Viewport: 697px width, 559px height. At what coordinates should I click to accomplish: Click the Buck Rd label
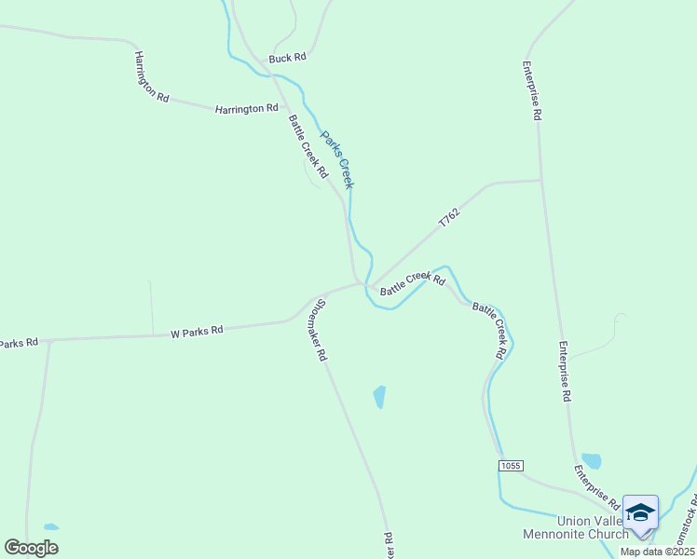point(287,58)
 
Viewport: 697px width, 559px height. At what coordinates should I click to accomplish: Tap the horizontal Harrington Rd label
point(246,108)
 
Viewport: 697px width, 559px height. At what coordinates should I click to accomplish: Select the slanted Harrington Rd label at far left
point(151,76)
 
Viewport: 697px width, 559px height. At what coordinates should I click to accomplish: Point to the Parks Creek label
point(337,159)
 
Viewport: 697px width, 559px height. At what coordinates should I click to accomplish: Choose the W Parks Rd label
point(197,331)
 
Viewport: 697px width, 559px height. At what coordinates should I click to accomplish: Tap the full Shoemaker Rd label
point(319,329)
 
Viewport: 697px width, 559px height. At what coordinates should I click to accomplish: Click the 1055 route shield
point(511,465)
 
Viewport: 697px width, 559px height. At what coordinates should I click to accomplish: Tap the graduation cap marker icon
point(640,513)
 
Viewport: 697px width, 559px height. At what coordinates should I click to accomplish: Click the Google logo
point(32,547)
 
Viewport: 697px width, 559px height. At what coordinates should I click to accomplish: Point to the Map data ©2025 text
point(656,552)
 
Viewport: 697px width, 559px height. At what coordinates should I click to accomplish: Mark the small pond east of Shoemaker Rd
point(379,397)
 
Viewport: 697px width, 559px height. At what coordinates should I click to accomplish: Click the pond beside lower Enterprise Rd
point(591,460)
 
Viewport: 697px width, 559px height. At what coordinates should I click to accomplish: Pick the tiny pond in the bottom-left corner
point(51,526)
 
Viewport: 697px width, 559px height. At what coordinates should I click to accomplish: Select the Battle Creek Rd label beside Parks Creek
point(308,146)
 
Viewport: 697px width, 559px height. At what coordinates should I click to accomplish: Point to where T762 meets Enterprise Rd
point(541,180)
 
